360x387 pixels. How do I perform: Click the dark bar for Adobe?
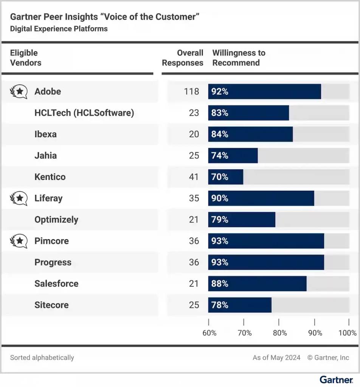click(x=264, y=91)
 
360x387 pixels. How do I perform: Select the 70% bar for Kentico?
click(x=226, y=177)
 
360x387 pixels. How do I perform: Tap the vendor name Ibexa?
click(x=45, y=134)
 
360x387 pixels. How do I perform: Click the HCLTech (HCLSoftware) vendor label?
click(x=84, y=113)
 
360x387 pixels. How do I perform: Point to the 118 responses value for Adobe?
click(x=191, y=91)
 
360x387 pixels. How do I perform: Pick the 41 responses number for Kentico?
click(x=194, y=177)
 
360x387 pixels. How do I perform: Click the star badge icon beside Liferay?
click(x=19, y=198)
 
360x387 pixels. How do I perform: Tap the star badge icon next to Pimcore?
click(x=19, y=241)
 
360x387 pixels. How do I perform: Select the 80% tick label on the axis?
click(x=279, y=333)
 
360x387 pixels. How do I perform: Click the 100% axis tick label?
click(x=348, y=333)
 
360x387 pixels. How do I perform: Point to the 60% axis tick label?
click(x=209, y=333)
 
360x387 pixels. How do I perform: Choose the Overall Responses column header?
click(x=183, y=58)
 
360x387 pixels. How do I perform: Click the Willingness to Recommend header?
click(x=239, y=58)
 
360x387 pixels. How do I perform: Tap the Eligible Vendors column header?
click(x=25, y=58)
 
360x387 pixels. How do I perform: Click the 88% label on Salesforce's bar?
click(x=220, y=283)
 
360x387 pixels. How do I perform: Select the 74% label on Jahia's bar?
click(x=220, y=155)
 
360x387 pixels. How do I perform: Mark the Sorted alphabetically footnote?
click(x=42, y=358)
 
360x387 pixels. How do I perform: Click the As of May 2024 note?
click(x=276, y=358)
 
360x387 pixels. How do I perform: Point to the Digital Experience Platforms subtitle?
click(x=59, y=29)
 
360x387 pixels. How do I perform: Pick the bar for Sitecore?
click(x=240, y=305)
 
